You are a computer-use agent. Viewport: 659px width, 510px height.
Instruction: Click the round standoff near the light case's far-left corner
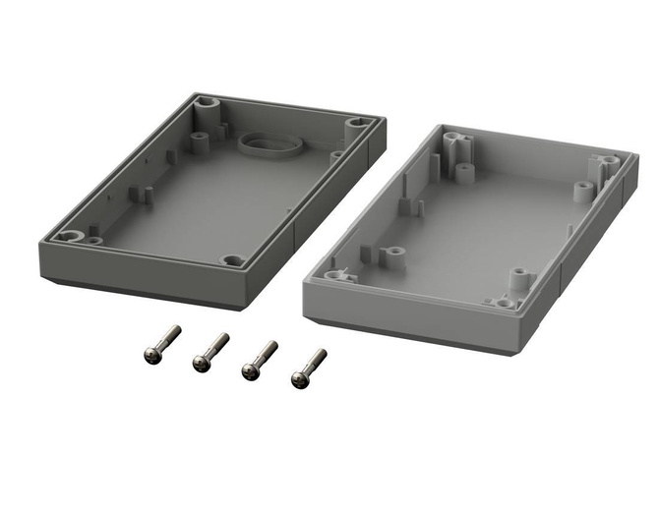pyautogui.click(x=462, y=174)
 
